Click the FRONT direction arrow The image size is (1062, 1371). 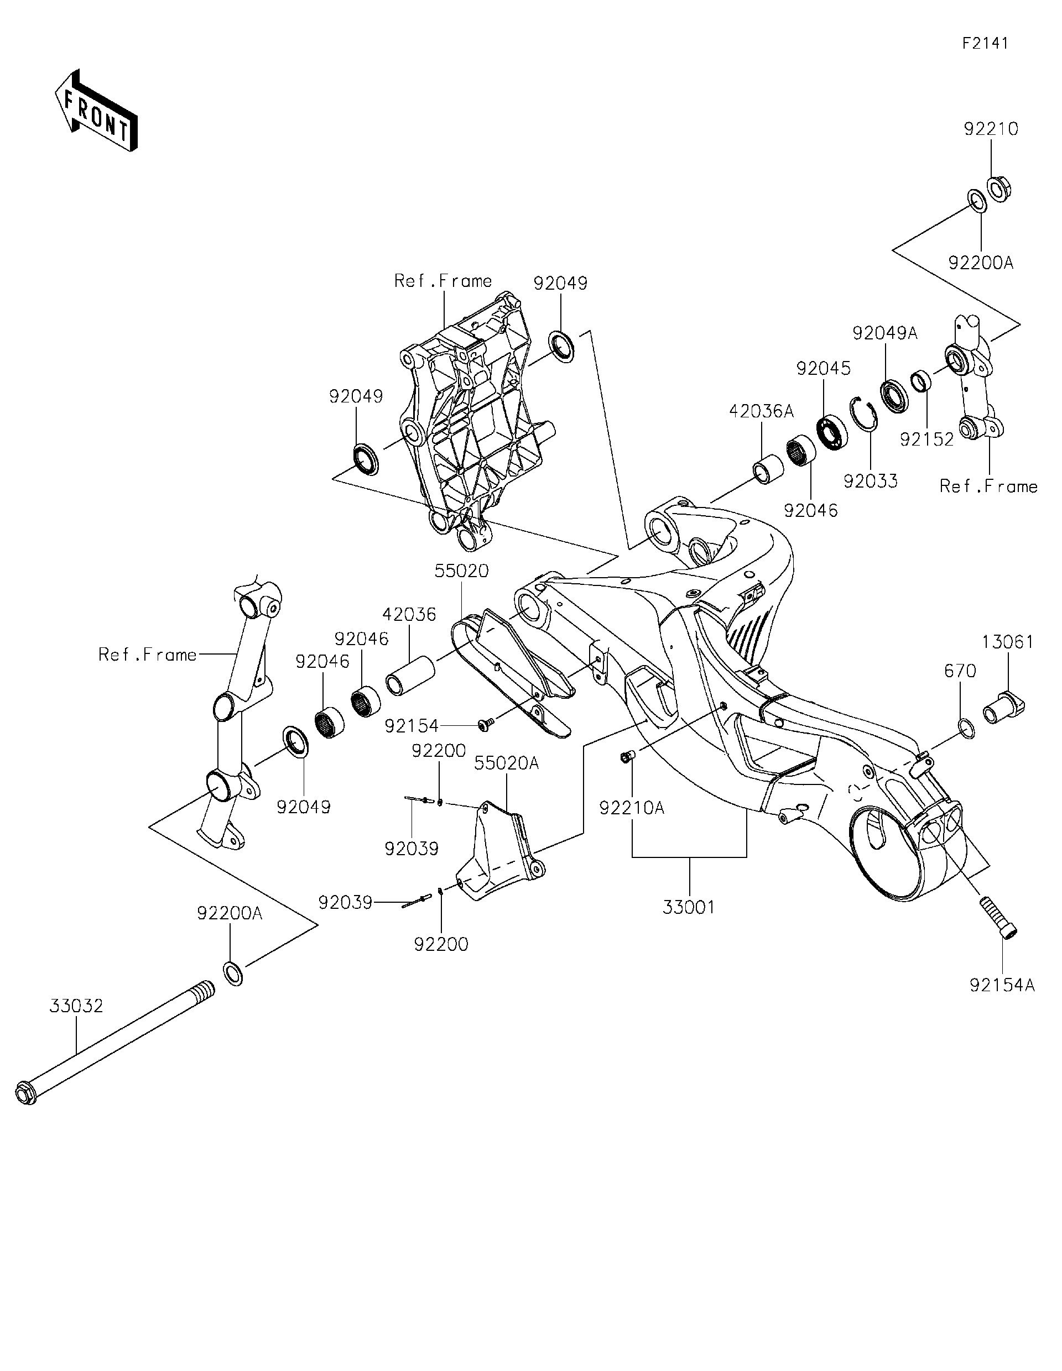tap(96, 111)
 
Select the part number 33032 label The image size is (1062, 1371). tap(76, 1005)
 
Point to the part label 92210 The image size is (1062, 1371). tap(991, 129)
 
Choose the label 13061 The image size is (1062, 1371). tap(1007, 642)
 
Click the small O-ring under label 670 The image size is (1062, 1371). tap(966, 729)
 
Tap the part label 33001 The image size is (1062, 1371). tap(689, 907)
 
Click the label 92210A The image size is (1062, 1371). tap(632, 808)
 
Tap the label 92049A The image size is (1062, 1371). tap(885, 333)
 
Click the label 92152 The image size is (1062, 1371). tap(926, 439)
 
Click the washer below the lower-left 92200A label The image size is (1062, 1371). tap(233, 972)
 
